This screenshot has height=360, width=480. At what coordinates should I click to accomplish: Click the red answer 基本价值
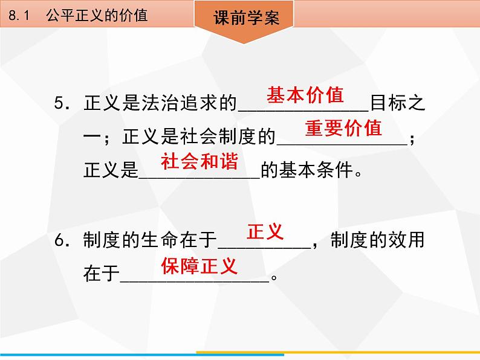point(305,95)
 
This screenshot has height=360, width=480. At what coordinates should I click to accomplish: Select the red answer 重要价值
point(343,128)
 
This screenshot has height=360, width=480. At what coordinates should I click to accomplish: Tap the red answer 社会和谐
point(199,161)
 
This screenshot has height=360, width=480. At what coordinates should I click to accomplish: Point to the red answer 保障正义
point(199,266)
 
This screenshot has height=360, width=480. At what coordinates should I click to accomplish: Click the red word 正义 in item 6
point(265,231)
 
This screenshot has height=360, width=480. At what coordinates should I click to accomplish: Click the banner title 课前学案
point(247,18)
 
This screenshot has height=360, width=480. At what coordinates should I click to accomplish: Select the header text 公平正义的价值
point(97,15)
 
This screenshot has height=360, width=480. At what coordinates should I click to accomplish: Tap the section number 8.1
point(19,15)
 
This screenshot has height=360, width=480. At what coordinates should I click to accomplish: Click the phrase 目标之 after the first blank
point(398,103)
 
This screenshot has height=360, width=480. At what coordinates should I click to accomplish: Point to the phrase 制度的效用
point(378,240)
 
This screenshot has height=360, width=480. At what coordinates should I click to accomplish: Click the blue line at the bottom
point(142,355)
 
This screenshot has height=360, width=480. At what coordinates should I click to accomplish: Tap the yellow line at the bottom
point(338,352)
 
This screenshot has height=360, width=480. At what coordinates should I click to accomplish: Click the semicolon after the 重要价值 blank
point(412,139)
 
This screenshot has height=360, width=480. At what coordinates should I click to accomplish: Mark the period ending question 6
point(274,277)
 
